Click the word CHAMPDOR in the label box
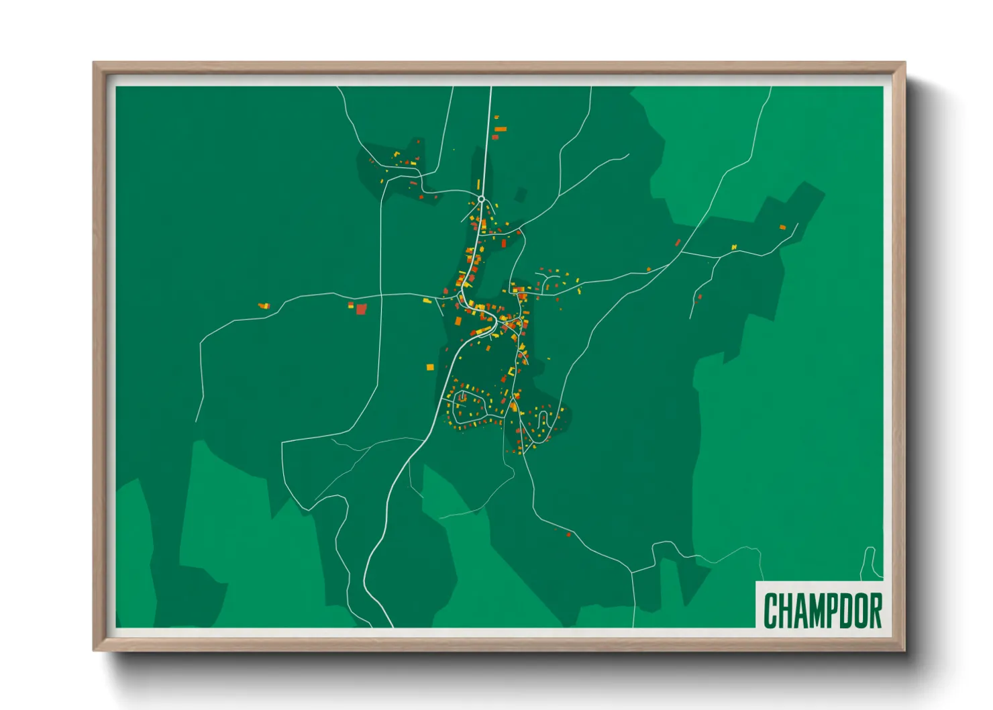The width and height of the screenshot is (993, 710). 823,610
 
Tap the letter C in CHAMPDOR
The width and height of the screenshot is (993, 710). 771,610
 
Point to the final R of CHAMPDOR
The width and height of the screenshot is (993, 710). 875,610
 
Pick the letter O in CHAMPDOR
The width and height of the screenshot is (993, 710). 859,610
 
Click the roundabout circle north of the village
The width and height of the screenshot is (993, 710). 481,199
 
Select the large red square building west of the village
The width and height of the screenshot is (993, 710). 362,309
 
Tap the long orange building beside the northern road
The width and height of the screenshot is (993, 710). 500,129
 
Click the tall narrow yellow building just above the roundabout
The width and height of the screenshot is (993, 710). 478,184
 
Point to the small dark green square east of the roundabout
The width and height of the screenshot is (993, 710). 520,195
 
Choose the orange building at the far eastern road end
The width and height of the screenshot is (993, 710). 782,227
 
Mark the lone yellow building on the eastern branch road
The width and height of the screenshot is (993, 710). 734,247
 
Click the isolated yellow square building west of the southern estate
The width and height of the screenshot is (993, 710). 430,367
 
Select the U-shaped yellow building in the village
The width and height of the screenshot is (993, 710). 511,371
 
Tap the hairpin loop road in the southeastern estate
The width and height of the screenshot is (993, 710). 543,420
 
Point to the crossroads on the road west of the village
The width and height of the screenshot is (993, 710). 381,295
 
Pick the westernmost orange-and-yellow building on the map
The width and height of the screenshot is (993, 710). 264,306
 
